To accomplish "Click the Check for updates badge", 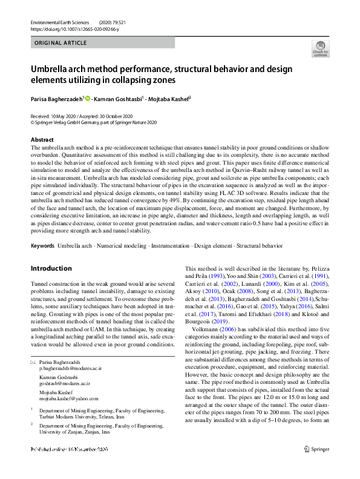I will [x=320, y=48].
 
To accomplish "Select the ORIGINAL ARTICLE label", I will [x=60, y=44].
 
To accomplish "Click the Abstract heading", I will [x=42, y=139].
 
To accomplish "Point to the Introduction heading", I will [x=52, y=268].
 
